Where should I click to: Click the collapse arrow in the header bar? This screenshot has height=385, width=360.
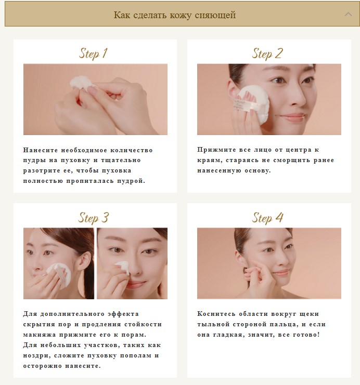pos(348,15)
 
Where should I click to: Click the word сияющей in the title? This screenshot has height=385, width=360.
pos(215,15)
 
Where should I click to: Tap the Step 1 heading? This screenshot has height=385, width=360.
pos(93,53)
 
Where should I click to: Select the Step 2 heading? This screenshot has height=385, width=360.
pos(267,53)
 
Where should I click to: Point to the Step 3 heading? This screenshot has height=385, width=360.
pos(93,217)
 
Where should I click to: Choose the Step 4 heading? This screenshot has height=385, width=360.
pos(267,217)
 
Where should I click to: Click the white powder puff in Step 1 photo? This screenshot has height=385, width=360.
pos(80,84)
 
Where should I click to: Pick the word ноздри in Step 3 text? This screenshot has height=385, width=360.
pos(36,355)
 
